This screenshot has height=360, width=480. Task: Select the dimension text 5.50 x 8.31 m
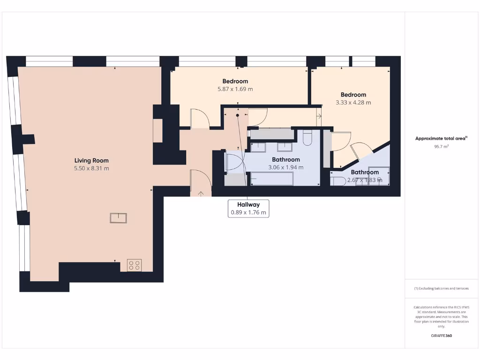coord(91,168)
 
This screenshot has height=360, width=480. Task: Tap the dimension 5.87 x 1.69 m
coord(235,89)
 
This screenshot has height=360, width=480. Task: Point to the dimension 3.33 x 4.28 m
coord(353,102)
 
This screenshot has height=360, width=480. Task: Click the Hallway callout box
coord(248,208)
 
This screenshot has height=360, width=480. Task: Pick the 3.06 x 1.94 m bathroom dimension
coord(285,167)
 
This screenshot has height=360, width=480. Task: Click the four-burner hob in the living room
coord(134,265)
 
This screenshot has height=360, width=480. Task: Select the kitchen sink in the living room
coord(118,218)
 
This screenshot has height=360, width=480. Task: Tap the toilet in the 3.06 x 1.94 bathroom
coord(308,137)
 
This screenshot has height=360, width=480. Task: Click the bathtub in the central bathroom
coord(272,179)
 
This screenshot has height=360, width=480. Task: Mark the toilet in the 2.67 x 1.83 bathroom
coord(338,181)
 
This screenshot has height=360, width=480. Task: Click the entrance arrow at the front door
coord(201,193)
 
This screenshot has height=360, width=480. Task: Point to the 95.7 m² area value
coord(441,147)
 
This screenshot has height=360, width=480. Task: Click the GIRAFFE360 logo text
coord(441,336)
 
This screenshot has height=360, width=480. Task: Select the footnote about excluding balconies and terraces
coord(441,289)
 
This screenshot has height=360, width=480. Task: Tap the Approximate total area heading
coord(441,138)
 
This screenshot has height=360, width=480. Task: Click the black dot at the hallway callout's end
coord(238,114)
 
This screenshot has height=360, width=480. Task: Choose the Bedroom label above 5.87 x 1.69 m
coord(235,81)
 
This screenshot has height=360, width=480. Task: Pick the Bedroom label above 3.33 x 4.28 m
coord(353,95)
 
